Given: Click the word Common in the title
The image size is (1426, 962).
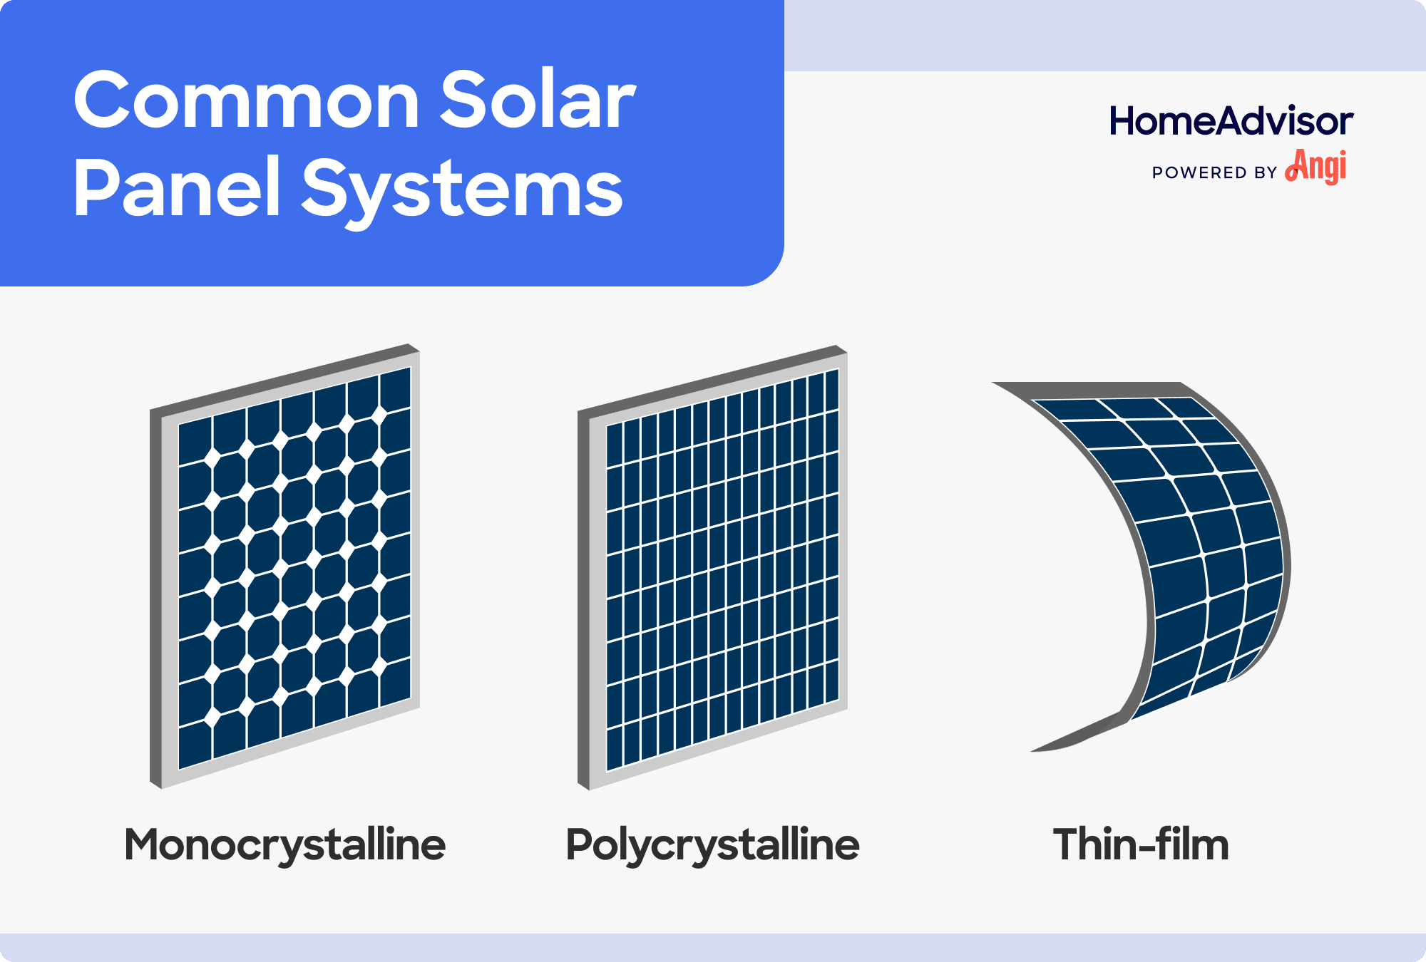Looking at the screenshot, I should coord(246,101).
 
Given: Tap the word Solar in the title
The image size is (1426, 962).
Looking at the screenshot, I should coord(536,101).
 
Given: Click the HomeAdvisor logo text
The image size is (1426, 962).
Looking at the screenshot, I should coord(1231,121).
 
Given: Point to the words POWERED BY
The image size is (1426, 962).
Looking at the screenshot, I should coord(1214,172).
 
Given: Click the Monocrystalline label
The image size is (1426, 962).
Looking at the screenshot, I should coord(284,845).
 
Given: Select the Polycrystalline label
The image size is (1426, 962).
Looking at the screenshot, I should coord(712,845).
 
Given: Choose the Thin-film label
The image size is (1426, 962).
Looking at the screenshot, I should coord(1141,845).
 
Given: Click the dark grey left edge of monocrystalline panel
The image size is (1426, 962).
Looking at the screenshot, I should coord(156,599).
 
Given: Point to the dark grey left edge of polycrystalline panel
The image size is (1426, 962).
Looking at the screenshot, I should coord(584,599).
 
